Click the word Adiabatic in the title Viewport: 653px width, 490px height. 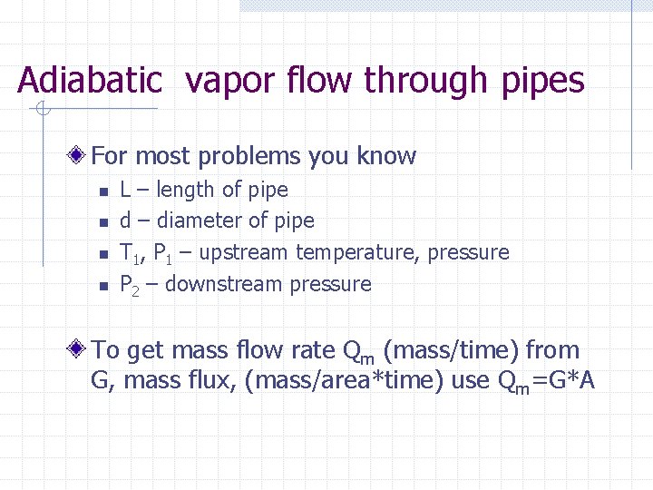89,81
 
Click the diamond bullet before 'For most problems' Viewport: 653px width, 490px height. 80,156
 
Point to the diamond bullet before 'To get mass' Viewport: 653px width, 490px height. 80,349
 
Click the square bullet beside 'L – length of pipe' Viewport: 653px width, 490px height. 103,191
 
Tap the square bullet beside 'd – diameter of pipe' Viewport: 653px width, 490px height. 103,222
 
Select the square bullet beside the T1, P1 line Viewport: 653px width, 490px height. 103,254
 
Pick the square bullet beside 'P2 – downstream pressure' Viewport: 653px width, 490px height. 103,286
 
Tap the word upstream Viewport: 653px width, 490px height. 243,252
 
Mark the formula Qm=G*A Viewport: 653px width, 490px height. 546,380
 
